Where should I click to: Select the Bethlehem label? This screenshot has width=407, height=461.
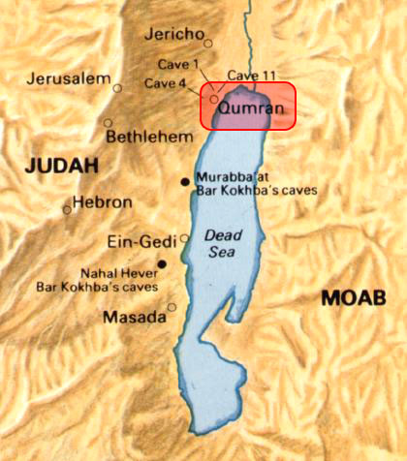(x=149, y=137)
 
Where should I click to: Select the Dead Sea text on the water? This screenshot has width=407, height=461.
(x=224, y=242)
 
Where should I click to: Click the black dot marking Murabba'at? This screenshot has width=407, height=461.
(x=184, y=182)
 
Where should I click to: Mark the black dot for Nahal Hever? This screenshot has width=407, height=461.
(x=162, y=263)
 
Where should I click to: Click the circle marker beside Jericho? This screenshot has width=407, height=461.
(x=207, y=41)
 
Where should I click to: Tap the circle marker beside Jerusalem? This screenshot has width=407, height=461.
(x=117, y=88)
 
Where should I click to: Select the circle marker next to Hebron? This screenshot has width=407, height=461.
(x=67, y=208)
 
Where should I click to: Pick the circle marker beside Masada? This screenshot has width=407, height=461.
(x=172, y=308)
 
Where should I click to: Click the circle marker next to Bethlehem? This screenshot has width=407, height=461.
(x=107, y=123)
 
